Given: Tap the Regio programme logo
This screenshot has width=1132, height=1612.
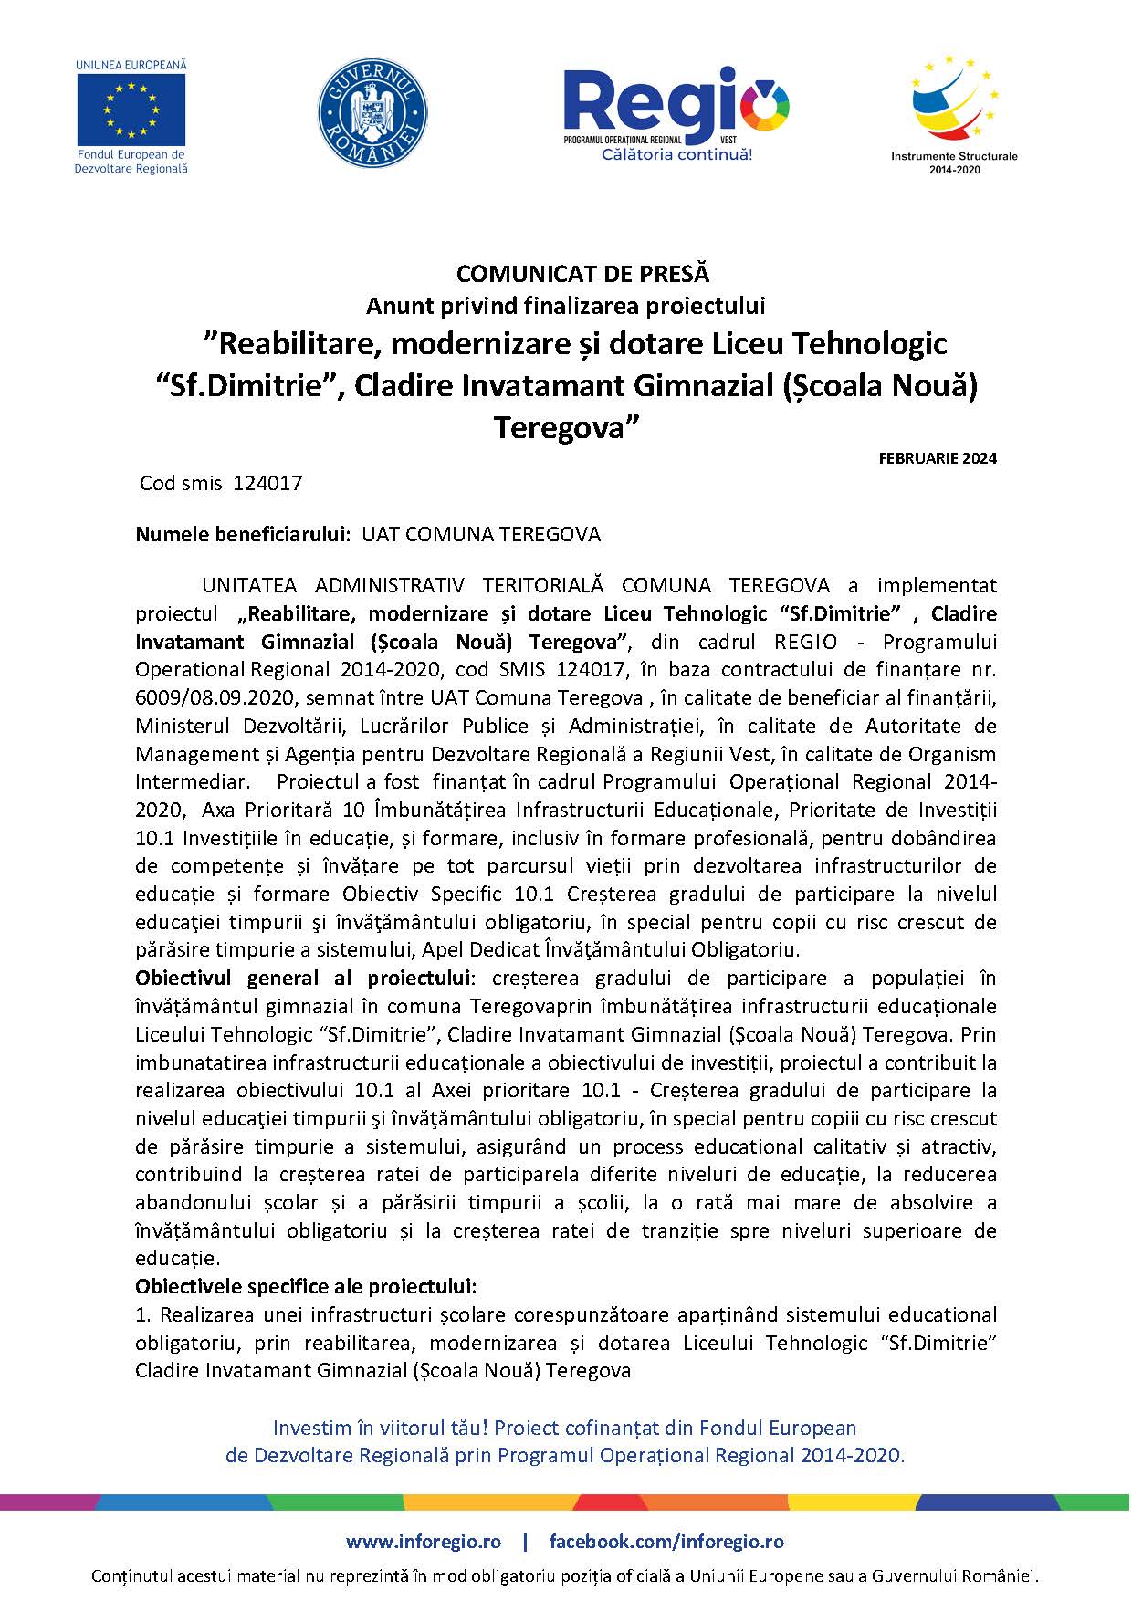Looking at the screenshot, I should click(x=676, y=102).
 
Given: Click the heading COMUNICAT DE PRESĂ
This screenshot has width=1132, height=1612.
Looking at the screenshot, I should click(x=582, y=273).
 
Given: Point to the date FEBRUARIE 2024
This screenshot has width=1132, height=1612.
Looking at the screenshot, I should click(x=938, y=458).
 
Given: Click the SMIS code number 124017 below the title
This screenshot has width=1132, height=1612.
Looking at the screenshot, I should click(x=267, y=483).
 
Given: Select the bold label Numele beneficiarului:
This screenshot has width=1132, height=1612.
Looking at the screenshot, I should click(x=244, y=534).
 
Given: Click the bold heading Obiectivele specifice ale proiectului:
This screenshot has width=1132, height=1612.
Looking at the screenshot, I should click(x=306, y=1287).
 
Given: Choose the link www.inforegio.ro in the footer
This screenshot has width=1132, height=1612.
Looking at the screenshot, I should click(x=424, y=1542).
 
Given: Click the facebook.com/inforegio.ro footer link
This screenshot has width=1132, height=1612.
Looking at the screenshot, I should click(x=666, y=1542).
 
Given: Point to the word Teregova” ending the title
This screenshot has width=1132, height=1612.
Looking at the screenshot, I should click(x=564, y=427).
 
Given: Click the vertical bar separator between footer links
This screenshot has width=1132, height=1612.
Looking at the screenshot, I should click(x=525, y=1542).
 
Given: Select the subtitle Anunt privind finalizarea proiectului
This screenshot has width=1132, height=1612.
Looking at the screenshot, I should click(x=565, y=304).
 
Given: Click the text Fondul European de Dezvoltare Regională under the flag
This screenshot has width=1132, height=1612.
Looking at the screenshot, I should click(x=131, y=162).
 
